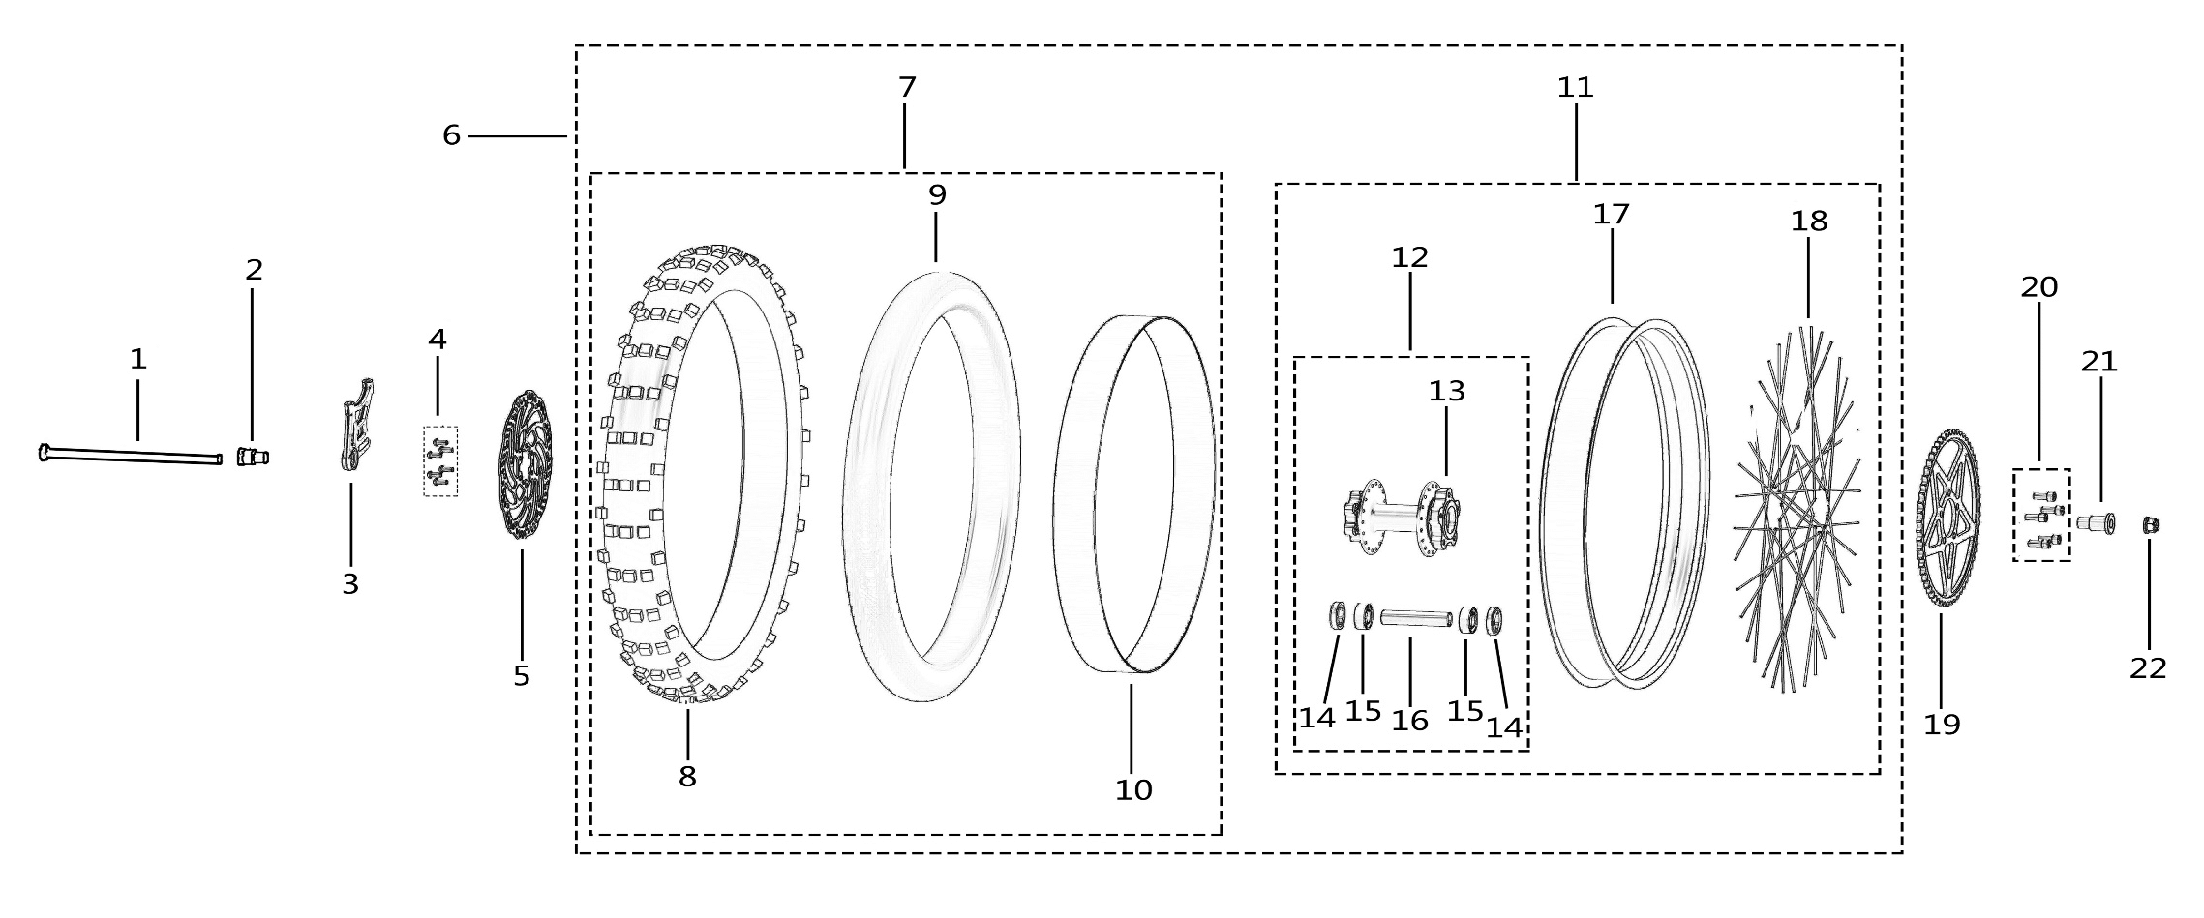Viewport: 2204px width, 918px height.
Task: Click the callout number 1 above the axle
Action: pyautogui.click(x=138, y=360)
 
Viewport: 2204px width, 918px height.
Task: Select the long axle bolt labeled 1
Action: pyautogui.click(x=131, y=456)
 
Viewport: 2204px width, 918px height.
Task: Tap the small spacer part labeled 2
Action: pyautogui.click(x=252, y=457)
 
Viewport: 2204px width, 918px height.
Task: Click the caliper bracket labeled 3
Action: pyautogui.click(x=356, y=426)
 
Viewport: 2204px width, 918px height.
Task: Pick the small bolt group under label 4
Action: pyautogui.click(x=440, y=461)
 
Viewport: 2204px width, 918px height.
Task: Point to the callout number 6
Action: pyautogui.click(x=451, y=136)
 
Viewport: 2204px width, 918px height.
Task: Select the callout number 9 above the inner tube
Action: pyautogui.click(x=937, y=195)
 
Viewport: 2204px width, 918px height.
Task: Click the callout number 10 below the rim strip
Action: pyautogui.click(x=1133, y=790)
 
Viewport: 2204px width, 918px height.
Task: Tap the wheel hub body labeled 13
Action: pyautogui.click(x=1404, y=518)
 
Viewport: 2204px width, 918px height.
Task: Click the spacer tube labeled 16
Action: pyautogui.click(x=1416, y=617)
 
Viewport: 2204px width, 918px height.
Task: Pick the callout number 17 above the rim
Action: pyautogui.click(x=1612, y=215)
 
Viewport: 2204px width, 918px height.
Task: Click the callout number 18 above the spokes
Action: pyautogui.click(x=1809, y=222)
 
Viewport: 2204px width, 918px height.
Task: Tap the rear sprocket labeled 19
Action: pyautogui.click(x=1947, y=518)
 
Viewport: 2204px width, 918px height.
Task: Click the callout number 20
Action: pyautogui.click(x=2039, y=287)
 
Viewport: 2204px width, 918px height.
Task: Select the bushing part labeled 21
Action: pyautogui.click(x=2096, y=523)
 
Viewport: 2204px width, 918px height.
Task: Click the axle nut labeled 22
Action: pyautogui.click(x=2150, y=525)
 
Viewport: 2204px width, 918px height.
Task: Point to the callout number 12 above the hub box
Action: pyautogui.click(x=1410, y=258)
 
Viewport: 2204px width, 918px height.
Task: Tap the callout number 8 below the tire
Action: pyautogui.click(x=687, y=777)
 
